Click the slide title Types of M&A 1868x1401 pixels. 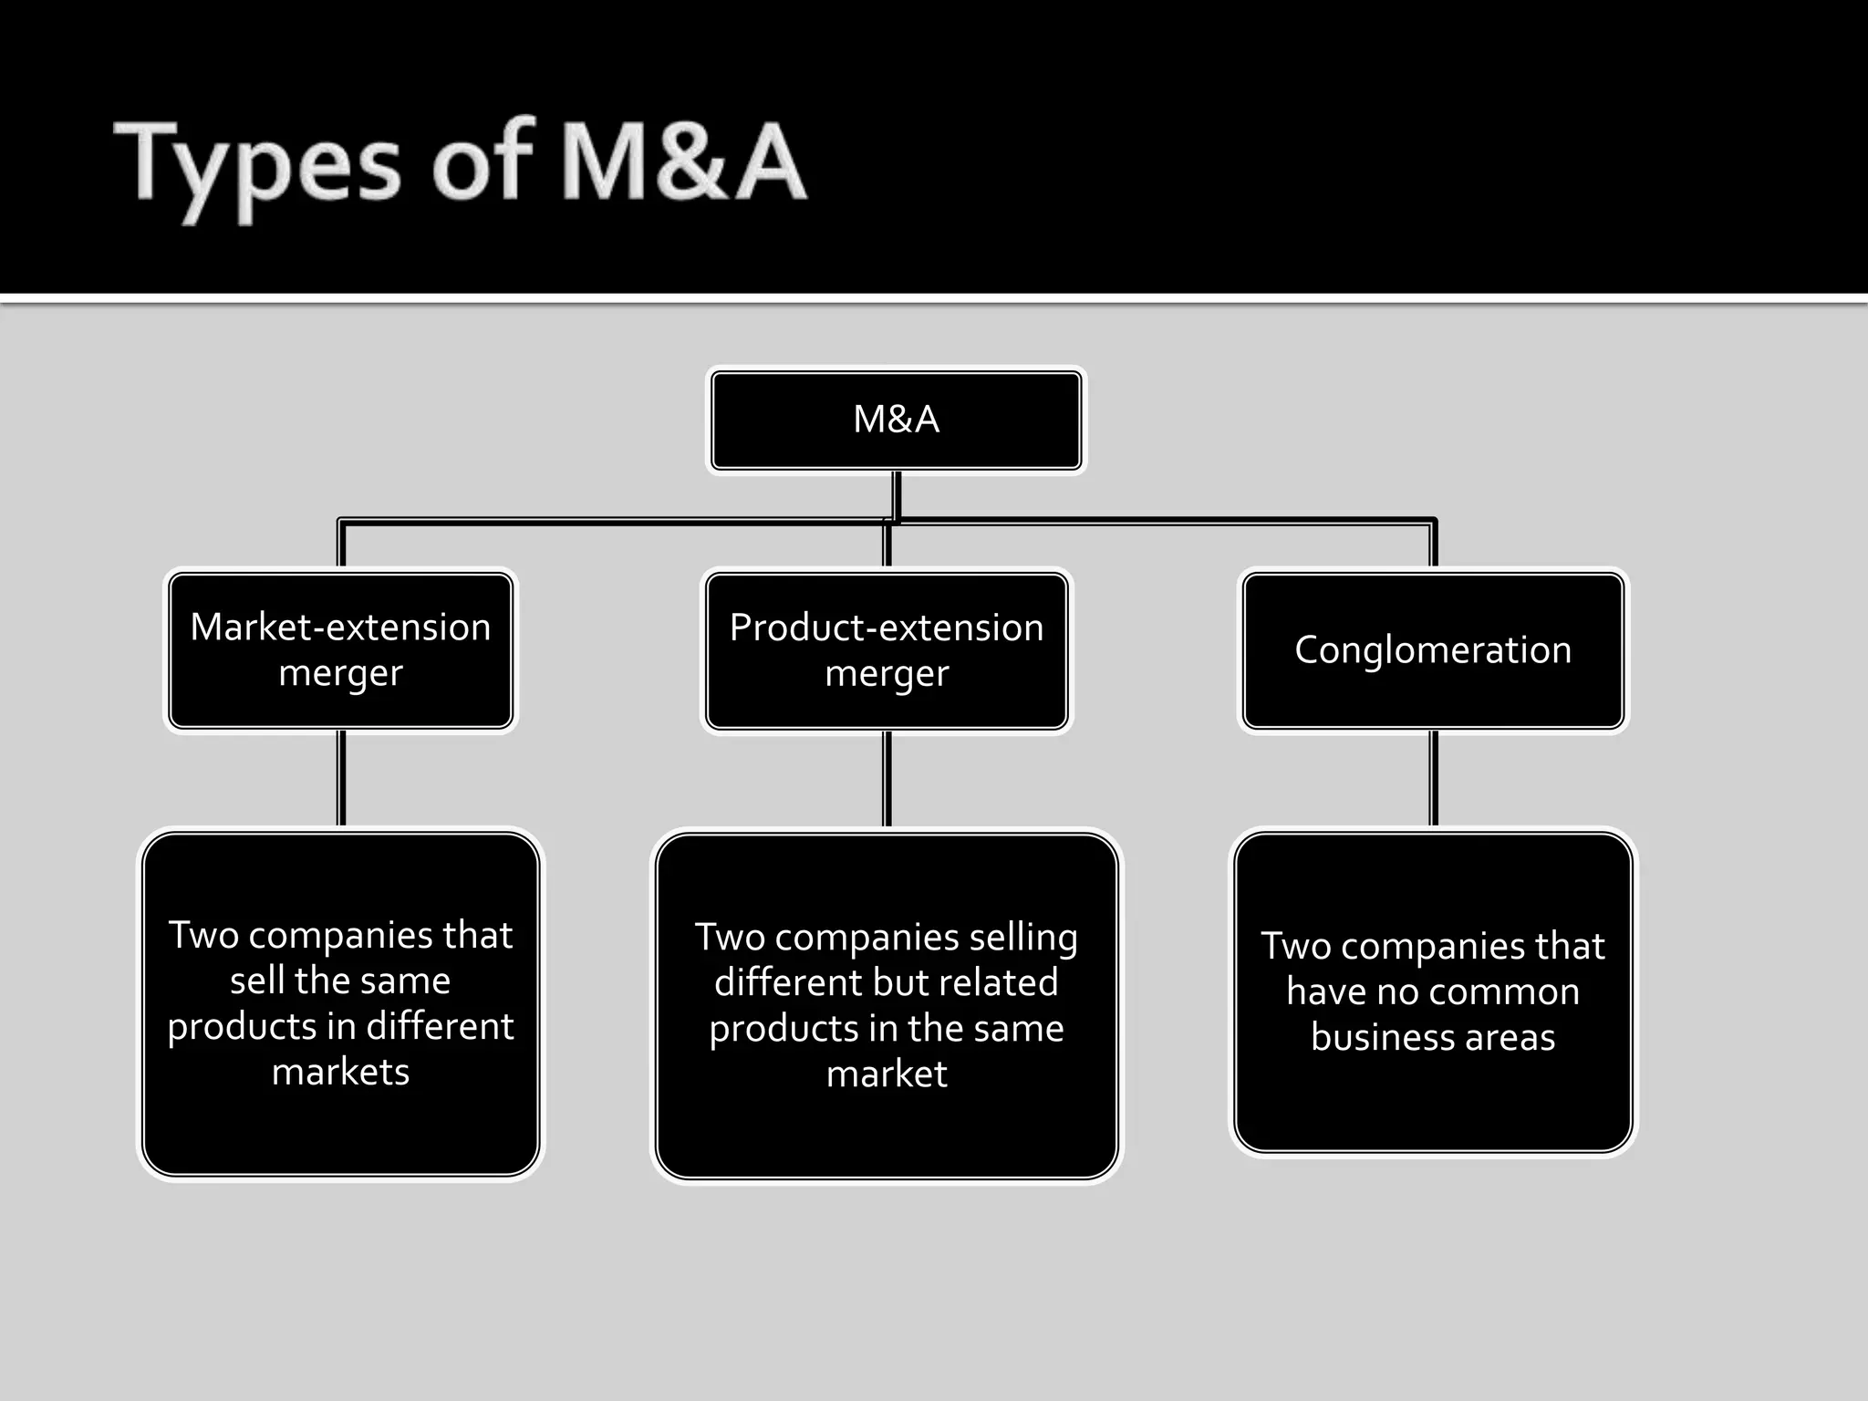click(461, 164)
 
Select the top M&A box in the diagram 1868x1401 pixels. click(896, 420)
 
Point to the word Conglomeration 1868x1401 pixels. click(1432, 650)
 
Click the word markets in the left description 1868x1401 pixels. click(340, 1072)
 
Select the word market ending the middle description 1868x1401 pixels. click(887, 1074)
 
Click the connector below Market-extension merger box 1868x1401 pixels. click(341, 778)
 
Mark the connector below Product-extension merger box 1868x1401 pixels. click(887, 778)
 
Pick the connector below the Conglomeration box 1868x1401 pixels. click(1433, 778)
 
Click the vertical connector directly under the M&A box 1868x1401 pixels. click(897, 496)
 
